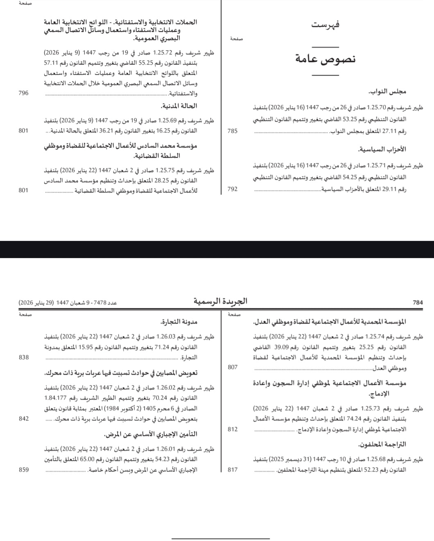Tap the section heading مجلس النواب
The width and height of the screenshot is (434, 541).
pyautogui.click(x=387, y=92)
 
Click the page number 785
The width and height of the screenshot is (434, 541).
pyautogui.click(x=232, y=131)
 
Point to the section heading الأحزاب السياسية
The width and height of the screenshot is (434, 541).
pyautogui.click(x=382, y=149)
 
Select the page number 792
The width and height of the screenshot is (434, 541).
pyautogui.click(x=232, y=189)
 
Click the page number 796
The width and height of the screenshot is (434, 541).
pyautogui.click(x=24, y=93)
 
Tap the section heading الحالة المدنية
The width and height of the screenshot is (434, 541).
pyautogui.click(x=179, y=106)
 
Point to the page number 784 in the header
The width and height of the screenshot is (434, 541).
pyautogui.click(x=418, y=303)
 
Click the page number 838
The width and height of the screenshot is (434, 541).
pyautogui.click(x=24, y=357)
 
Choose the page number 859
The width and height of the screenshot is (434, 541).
pyautogui.click(x=24, y=469)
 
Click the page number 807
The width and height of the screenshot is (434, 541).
pyautogui.click(x=232, y=367)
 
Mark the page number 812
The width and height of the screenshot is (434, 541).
pyautogui.click(x=232, y=429)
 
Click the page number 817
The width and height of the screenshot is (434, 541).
pyautogui.click(x=232, y=469)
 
